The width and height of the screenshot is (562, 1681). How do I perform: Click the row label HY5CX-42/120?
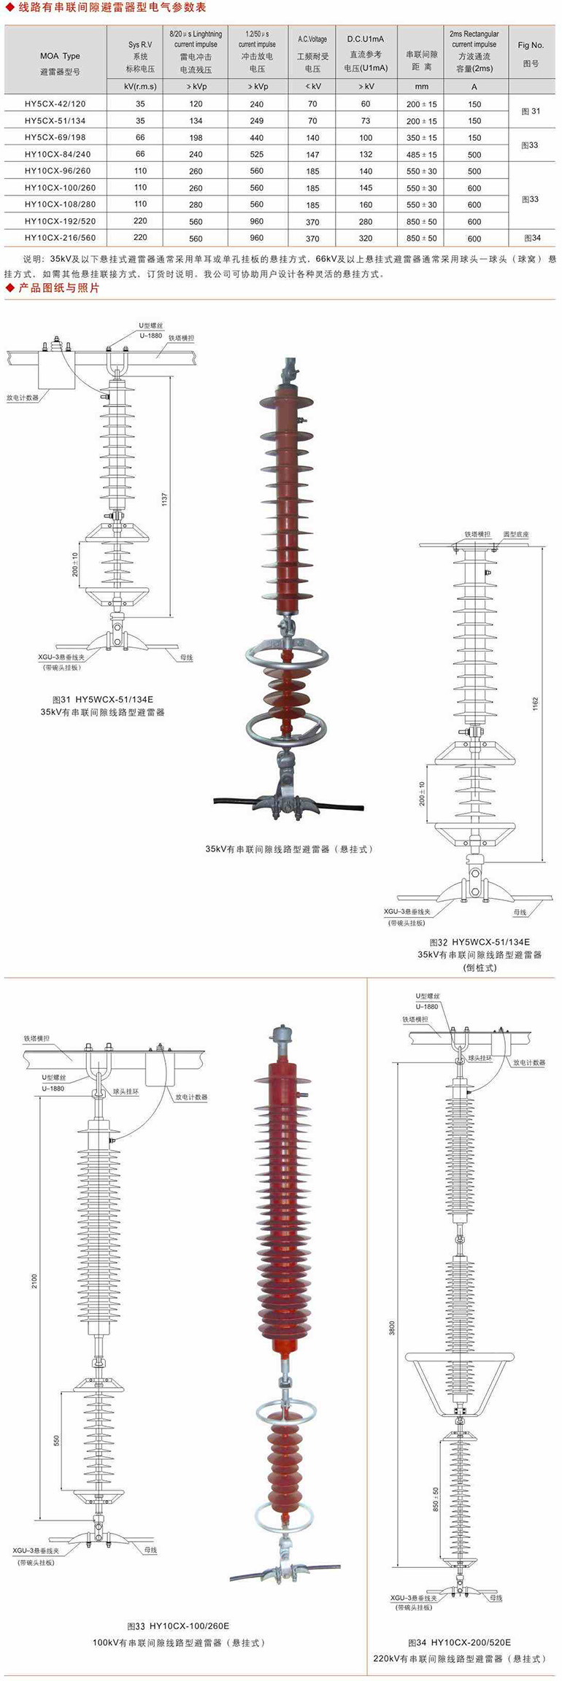(x=55, y=104)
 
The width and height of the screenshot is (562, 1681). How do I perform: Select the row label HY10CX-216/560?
(x=60, y=238)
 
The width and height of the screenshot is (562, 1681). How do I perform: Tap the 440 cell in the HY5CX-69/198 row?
(x=256, y=138)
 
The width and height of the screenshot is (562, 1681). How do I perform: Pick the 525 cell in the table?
(x=256, y=155)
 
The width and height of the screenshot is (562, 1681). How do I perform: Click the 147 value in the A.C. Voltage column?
(x=312, y=155)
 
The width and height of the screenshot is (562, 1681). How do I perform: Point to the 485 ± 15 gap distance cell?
(x=422, y=155)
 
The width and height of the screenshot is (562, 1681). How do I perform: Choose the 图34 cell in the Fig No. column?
(x=532, y=238)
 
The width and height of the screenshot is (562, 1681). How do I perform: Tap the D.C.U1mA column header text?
(x=366, y=39)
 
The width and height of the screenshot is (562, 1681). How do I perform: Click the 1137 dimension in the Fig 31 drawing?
(x=165, y=500)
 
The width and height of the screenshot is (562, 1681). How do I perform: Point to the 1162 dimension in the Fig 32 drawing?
(x=535, y=704)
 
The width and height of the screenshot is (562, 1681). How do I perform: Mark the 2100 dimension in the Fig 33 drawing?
(x=34, y=1281)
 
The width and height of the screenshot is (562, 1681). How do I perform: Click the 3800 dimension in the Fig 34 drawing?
(x=392, y=1327)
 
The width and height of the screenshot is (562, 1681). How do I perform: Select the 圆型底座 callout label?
(x=515, y=534)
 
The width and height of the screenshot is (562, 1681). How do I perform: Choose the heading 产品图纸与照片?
(x=58, y=288)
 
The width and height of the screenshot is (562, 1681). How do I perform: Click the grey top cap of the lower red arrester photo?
(x=281, y=1035)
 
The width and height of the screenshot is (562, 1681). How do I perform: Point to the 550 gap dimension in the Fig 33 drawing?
(x=56, y=1441)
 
